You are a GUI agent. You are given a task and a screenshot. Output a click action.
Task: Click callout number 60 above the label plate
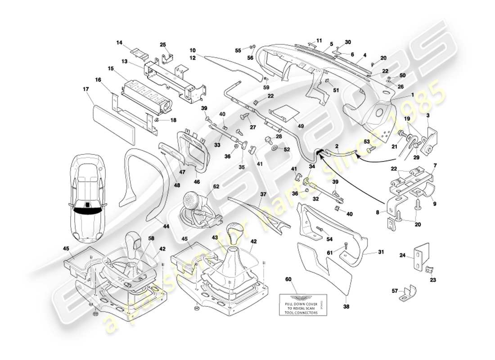click(288, 279)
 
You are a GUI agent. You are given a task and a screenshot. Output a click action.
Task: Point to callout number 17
click(85, 89)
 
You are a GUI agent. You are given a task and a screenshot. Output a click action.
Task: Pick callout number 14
click(120, 43)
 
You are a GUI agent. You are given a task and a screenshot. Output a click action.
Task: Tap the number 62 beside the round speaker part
click(216, 186)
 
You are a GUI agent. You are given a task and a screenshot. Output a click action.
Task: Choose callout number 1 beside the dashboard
click(412, 95)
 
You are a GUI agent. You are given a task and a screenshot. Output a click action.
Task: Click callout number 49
click(301, 126)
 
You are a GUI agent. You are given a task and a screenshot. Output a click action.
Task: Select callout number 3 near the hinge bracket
click(428, 116)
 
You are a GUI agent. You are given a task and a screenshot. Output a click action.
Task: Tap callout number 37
click(263, 194)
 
